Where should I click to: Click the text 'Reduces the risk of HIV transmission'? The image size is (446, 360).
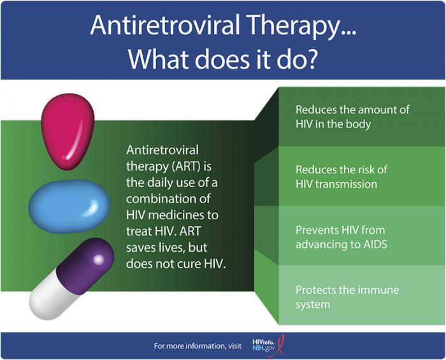tap(341, 177)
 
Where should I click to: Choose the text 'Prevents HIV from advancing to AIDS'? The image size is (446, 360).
tap(340, 236)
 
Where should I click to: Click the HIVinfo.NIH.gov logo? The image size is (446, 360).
tap(266, 345)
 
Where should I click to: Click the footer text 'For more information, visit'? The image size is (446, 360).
tap(198, 346)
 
